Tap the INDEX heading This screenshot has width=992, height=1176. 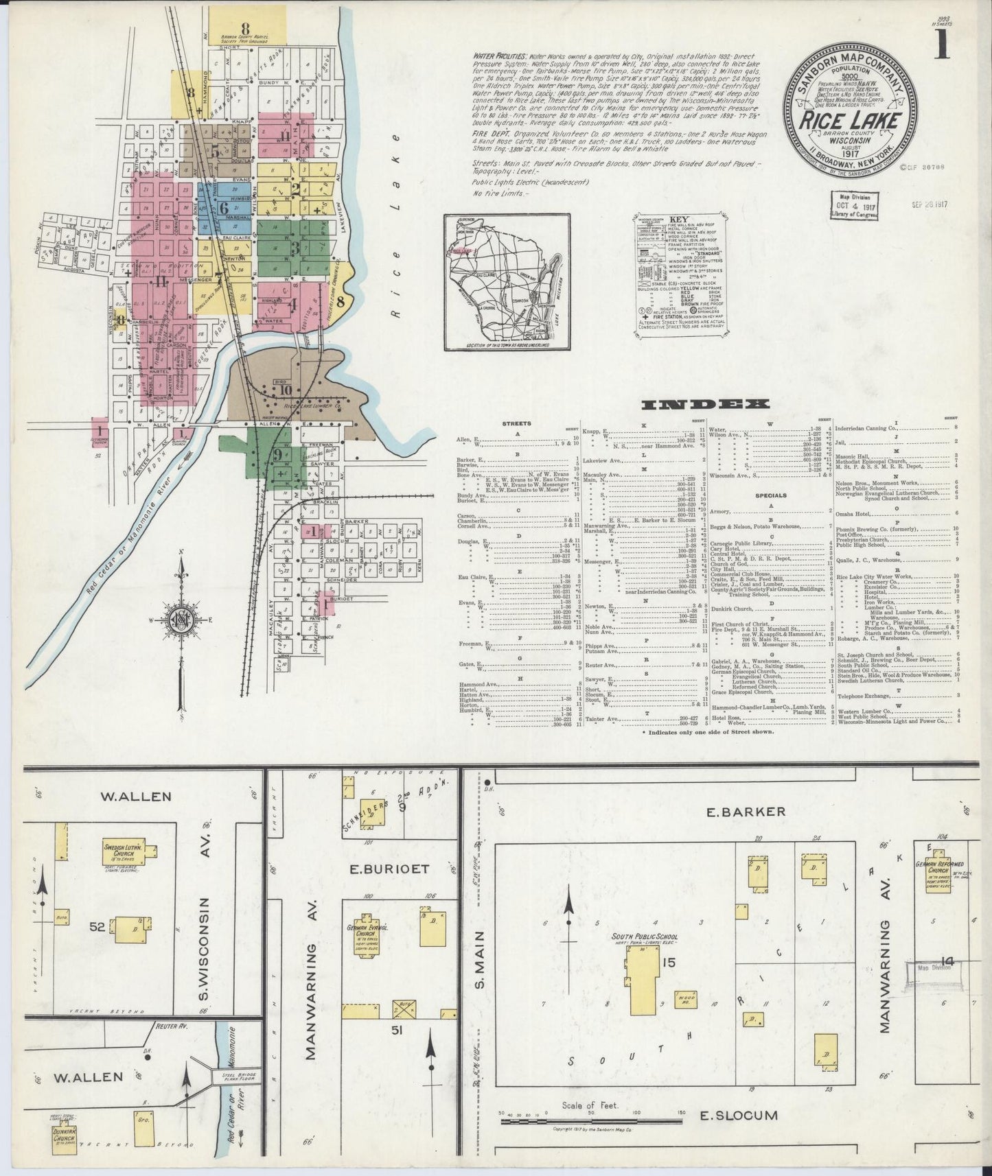coord(705,405)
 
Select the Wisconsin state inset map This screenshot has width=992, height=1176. coord(506,281)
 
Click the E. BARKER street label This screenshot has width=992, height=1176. coord(745,812)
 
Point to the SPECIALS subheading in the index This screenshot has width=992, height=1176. coord(771,494)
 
